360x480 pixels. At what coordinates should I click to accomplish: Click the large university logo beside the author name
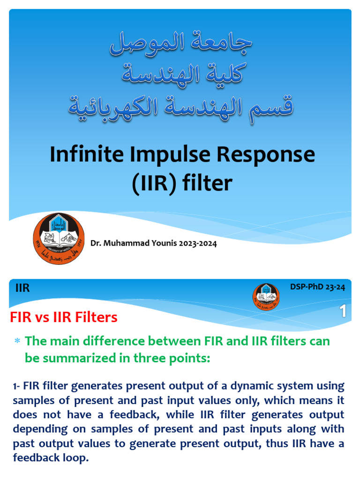59,238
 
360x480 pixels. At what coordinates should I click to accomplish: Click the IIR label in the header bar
22,288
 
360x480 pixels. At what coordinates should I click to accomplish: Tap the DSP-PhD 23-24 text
318,287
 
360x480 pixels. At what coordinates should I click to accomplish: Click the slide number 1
344,312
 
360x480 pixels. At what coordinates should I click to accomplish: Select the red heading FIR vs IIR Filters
64,317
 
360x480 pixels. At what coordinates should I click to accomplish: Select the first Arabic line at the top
181,43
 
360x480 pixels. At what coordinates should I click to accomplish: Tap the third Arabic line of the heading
181,106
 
